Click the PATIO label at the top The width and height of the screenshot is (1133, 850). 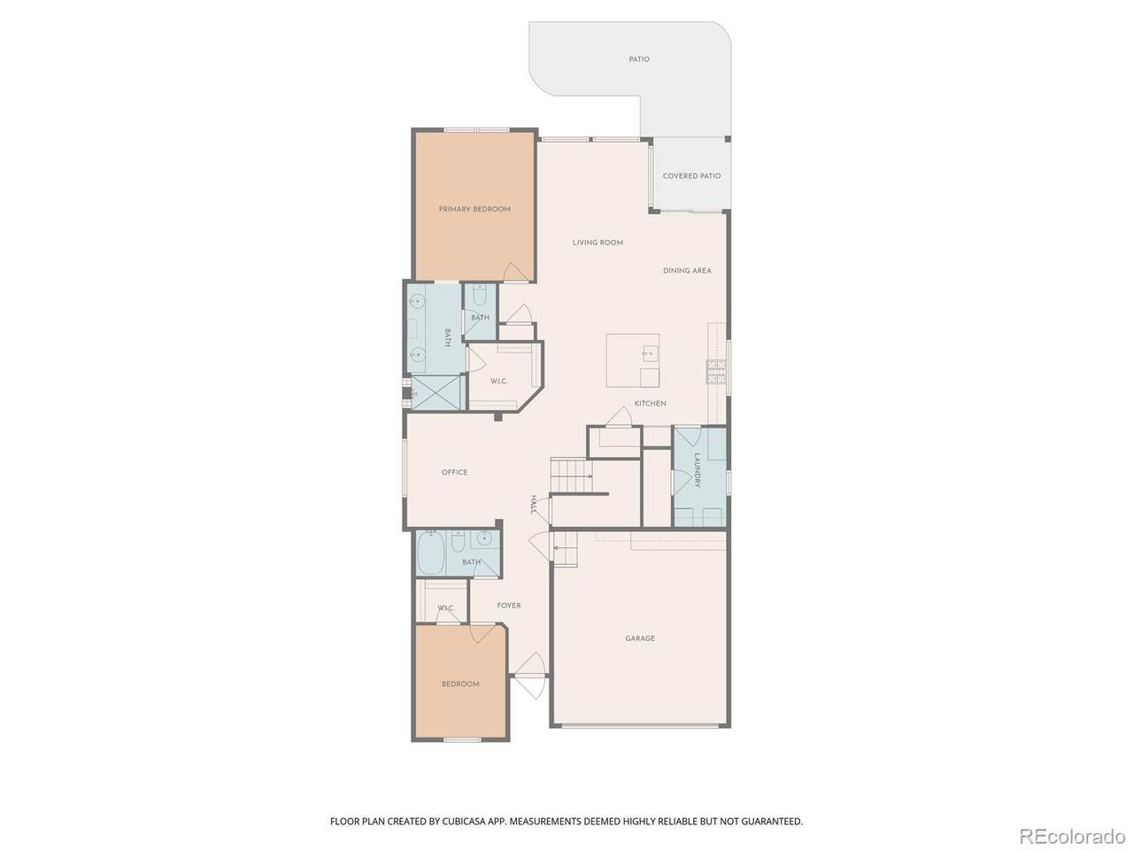click(638, 59)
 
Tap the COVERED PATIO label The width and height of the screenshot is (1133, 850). click(691, 176)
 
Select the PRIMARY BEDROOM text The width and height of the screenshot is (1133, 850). click(474, 209)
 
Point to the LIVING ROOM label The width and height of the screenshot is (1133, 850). click(597, 243)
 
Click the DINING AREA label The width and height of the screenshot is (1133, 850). click(687, 270)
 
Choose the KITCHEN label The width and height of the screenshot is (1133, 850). click(650, 404)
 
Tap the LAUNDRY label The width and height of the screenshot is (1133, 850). click(697, 470)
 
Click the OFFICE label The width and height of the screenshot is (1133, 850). click(454, 472)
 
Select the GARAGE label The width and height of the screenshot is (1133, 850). click(640, 638)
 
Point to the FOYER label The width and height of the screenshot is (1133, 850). click(508, 606)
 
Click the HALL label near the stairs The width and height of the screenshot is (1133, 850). click(534, 504)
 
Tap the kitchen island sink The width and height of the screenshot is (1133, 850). click(648, 353)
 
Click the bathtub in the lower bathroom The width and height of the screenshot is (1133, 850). click(430, 553)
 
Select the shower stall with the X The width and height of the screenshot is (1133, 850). click(436, 393)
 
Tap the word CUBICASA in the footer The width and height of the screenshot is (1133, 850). click(456, 821)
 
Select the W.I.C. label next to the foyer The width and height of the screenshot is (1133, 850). click(445, 608)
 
